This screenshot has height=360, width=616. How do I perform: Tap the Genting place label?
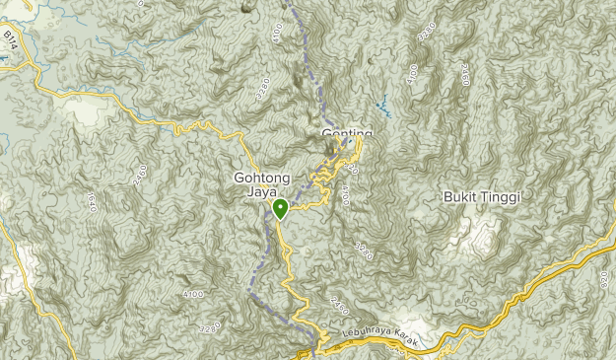tap(347, 133)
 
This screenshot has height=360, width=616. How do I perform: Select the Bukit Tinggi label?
tap(482, 197)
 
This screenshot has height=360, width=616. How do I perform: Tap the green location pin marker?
tap(280, 209)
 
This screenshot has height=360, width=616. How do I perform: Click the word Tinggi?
tap(500, 197)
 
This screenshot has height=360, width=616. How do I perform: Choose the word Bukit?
tap(460, 197)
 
